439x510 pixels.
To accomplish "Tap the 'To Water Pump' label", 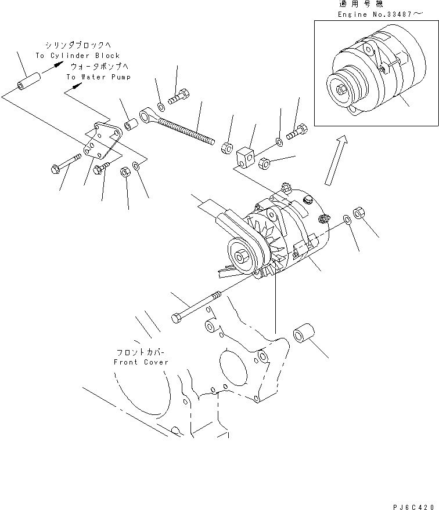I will [x=98, y=76].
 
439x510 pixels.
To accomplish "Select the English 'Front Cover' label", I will [x=141, y=362].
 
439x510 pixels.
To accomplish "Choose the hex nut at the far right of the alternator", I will [x=358, y=212].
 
